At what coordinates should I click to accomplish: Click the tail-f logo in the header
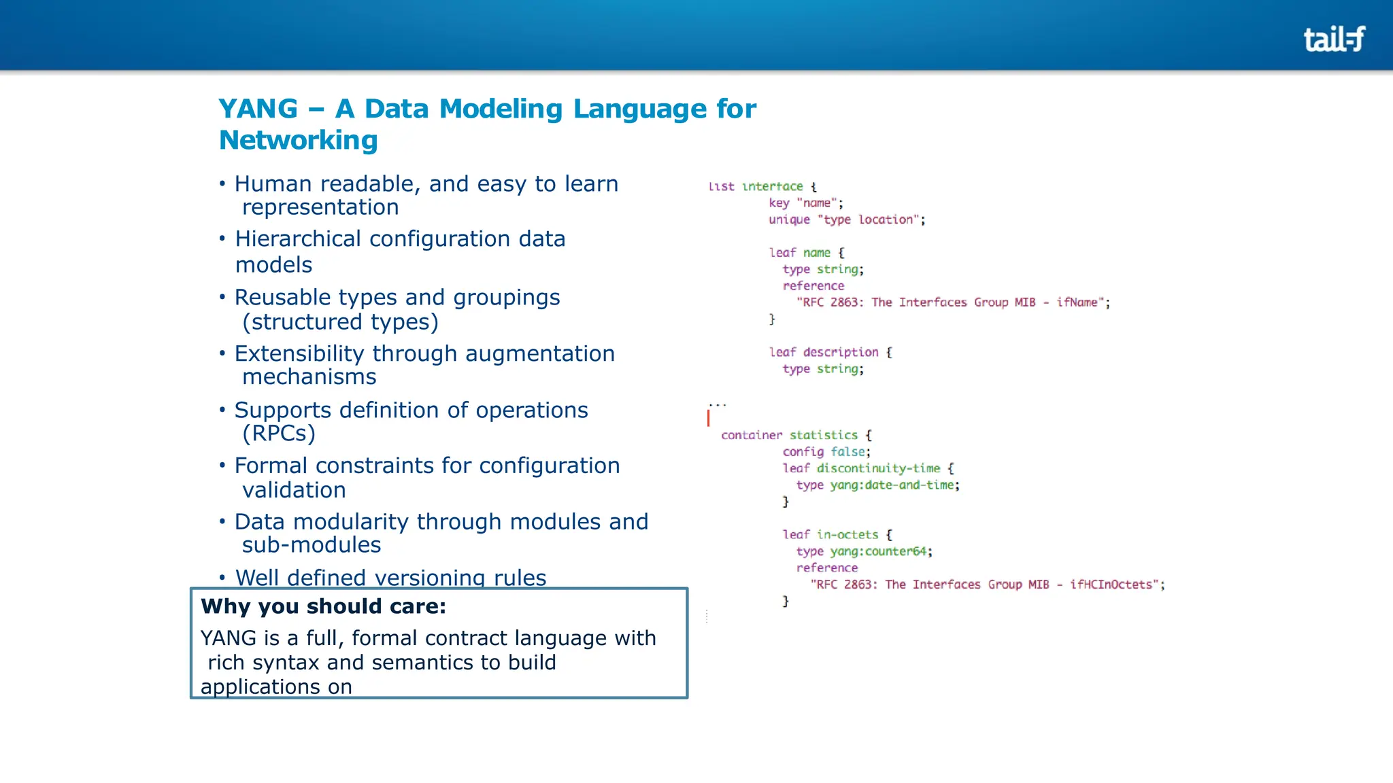[1334, 39]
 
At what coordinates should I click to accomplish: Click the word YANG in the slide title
[258, 109]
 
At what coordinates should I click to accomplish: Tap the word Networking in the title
[298, 140]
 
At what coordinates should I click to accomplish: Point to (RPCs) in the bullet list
[279, 434]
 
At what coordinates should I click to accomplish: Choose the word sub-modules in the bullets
[312, 545]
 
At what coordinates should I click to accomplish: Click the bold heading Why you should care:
[324, 606]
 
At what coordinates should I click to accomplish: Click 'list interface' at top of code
[755, 186]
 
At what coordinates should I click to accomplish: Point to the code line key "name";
[805, 203]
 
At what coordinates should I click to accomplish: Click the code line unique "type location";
[847, 220]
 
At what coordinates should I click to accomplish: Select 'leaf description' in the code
[824, 352]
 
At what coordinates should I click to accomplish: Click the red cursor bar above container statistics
[708, 417]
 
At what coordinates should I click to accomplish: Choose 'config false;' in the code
[826, 452]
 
